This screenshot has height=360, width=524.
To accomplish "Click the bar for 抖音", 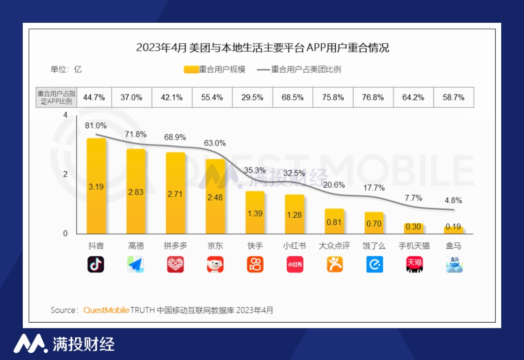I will click(x=96, y=186).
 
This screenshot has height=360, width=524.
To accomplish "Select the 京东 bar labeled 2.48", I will click(x=215, y=196).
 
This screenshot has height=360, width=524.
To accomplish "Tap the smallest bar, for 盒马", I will click(x=454, y=230).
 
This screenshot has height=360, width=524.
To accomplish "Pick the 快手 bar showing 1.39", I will click(x=255, y=213).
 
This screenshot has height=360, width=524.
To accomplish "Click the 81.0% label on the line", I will click(x=96, y=126).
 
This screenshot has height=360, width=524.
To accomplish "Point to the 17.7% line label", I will click(x=374, y=188).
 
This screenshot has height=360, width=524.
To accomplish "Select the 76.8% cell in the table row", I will click(x=373, y=98).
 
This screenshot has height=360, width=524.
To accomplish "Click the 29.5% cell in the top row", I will click(x=252, y=98).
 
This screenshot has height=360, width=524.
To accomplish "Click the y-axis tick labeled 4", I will click(x=65, y=115).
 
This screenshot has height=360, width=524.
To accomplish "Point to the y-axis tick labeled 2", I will click(x=65, y=174).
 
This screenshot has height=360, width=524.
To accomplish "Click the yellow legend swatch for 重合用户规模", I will click(x=191, y=69).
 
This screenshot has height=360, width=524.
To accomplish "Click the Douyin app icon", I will click(x=96, y=264).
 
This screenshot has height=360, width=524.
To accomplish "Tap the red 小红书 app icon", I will click(x=295, y=264).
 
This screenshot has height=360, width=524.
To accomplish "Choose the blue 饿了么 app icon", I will click(x=374, y=264).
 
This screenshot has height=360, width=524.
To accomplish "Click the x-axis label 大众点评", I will click(x=334, y=246).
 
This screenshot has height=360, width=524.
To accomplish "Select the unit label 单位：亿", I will click(x=66, y=69).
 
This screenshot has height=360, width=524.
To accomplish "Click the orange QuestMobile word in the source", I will click(x=106, y=310).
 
